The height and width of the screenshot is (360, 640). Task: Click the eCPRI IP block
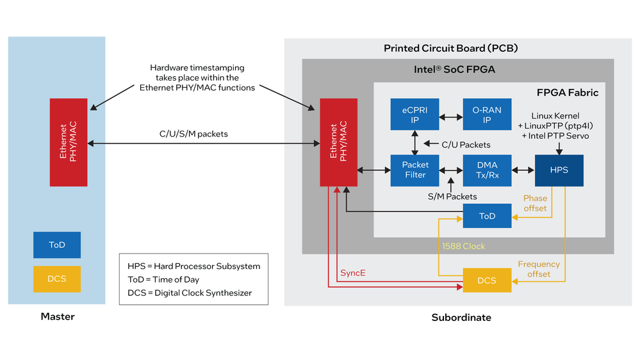[414, 115]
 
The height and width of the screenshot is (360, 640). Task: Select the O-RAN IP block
[487, 115]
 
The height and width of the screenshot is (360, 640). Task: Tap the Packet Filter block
[414, 170]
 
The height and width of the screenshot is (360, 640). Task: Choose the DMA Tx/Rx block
[487, 170]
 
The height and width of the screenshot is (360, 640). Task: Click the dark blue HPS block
[559, 170]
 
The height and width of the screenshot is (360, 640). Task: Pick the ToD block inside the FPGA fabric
[487, 216]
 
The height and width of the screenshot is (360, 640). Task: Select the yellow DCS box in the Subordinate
[487, 281]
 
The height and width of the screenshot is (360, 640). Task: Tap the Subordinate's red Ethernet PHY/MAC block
[339, 142]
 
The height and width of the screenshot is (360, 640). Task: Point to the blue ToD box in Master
[57, 245]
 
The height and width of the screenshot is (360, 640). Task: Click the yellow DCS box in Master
[57, 279]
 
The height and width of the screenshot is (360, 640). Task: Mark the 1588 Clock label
[463, 246]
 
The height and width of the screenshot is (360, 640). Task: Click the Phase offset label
[535, 203]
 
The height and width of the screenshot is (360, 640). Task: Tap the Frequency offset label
[538, 269]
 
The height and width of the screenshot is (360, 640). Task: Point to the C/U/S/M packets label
[193, 135]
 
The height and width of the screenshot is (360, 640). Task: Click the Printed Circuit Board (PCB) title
[450, 48]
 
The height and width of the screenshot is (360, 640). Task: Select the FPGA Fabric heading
[567, 93]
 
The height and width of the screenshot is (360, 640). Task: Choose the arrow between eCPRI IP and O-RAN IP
[450, 118]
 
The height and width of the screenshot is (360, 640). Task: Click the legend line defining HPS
[193, 266]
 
